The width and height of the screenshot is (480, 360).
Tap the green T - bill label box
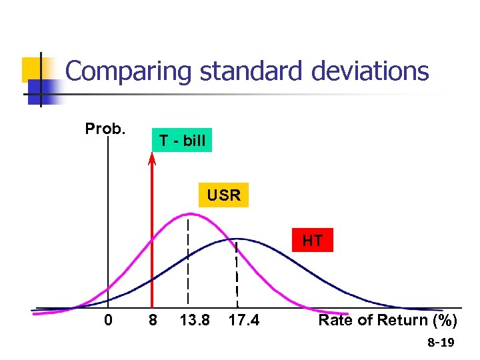(x=181, y=141)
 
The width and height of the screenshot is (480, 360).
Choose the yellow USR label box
(x=223, y=195)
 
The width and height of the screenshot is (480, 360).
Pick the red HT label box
(x=312, y=240)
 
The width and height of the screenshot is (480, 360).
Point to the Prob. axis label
(x=105, y=128)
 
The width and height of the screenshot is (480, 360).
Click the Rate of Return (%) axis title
(x=387, y=321)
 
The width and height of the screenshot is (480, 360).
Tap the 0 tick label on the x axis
(x=109, y=321)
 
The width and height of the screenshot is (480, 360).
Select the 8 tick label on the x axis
(x=153, y=321)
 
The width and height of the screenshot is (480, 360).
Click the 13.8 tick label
(x=195, y=321)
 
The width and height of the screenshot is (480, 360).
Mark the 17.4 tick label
(x=243, y=321)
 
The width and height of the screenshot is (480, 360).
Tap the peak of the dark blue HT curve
(x=237, y=239)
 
